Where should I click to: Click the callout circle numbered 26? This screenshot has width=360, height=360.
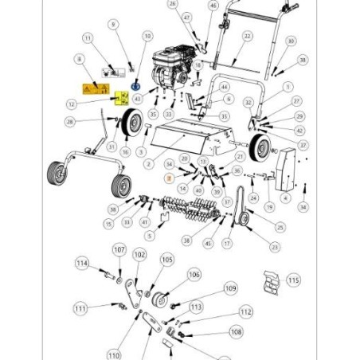(173, 4)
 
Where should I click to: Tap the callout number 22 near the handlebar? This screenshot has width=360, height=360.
(247, 37)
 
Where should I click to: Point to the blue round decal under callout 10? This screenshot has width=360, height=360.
(135, 85)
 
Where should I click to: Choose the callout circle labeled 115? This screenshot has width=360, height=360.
(294, 280)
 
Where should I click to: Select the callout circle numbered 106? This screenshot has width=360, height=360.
(194, 275)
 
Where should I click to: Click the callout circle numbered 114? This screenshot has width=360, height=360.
(82, 264)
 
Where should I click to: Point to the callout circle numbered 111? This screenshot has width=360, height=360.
(80, 308)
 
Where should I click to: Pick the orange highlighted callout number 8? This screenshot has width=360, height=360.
(169, 182)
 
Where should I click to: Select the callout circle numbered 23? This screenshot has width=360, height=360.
(275, 247)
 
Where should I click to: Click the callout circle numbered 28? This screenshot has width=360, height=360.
(71, 121)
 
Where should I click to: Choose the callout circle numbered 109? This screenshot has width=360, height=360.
(230, 288)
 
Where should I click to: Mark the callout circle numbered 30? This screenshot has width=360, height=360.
(291, 41)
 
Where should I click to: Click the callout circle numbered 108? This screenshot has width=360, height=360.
(236, 331)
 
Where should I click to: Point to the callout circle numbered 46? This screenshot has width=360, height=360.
(212, 6)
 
